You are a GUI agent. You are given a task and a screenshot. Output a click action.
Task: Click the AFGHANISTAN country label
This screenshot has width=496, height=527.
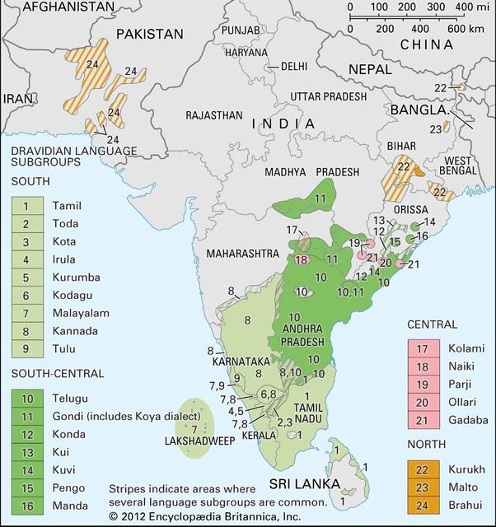tap(57, 7)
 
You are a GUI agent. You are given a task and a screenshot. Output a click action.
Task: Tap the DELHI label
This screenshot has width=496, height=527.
tap(292, 66)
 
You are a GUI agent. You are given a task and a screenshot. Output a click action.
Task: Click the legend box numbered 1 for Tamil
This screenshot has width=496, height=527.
tap(26, 206)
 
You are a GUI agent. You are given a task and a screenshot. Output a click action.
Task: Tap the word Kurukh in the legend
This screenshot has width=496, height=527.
tap(465, 469)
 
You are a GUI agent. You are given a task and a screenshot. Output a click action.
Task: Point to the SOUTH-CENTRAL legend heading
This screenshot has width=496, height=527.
tap(58, 373)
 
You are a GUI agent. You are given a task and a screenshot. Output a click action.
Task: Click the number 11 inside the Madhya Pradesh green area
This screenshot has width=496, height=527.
tap(320, 198)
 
